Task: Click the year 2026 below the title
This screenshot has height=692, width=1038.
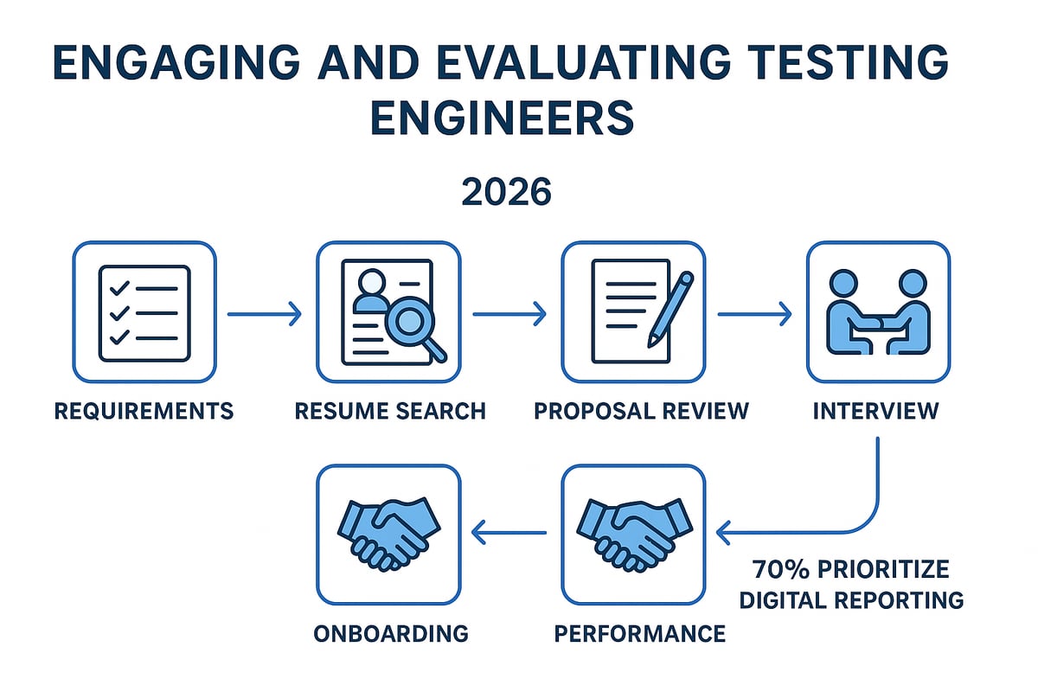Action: [506, 191]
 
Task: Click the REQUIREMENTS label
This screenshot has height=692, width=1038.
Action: [144, 410]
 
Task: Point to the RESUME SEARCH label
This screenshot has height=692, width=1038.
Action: [390, 410]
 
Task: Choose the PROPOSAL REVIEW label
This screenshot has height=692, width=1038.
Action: [641, 410]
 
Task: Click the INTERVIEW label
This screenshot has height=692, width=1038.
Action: [875, 410]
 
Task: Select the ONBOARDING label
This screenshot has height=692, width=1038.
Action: [392, 633]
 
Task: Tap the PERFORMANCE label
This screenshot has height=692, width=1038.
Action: [640, 633]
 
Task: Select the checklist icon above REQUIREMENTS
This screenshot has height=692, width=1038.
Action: [144, 312]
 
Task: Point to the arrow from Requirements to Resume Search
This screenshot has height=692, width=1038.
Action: [265, 314]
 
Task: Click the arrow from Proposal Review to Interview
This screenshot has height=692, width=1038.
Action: [754, 314]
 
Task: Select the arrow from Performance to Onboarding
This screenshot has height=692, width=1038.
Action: [510, 531]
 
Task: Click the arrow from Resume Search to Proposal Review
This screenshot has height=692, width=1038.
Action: [509, 314]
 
